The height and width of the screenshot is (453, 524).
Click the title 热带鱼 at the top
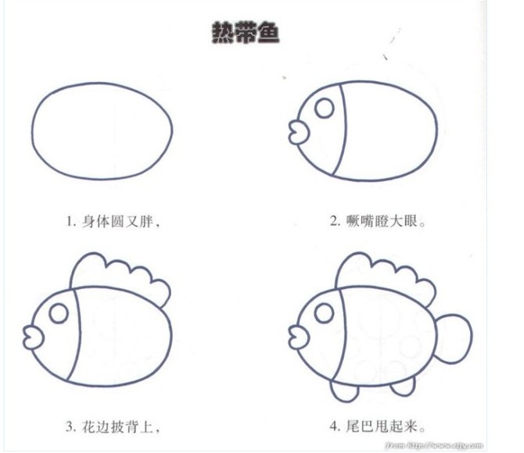(x=246, y=34)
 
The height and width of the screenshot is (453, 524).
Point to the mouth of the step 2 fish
(x=297, y=129)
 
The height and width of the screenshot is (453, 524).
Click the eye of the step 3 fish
(x=58, y=313)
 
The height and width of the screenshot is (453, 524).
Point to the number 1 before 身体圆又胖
(x=70, y=222)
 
